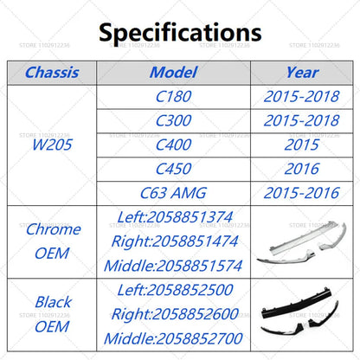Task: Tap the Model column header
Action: point(173,73)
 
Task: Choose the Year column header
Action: point(301,73)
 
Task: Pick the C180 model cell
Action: point(173,98)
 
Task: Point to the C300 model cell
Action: point(173,122)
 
